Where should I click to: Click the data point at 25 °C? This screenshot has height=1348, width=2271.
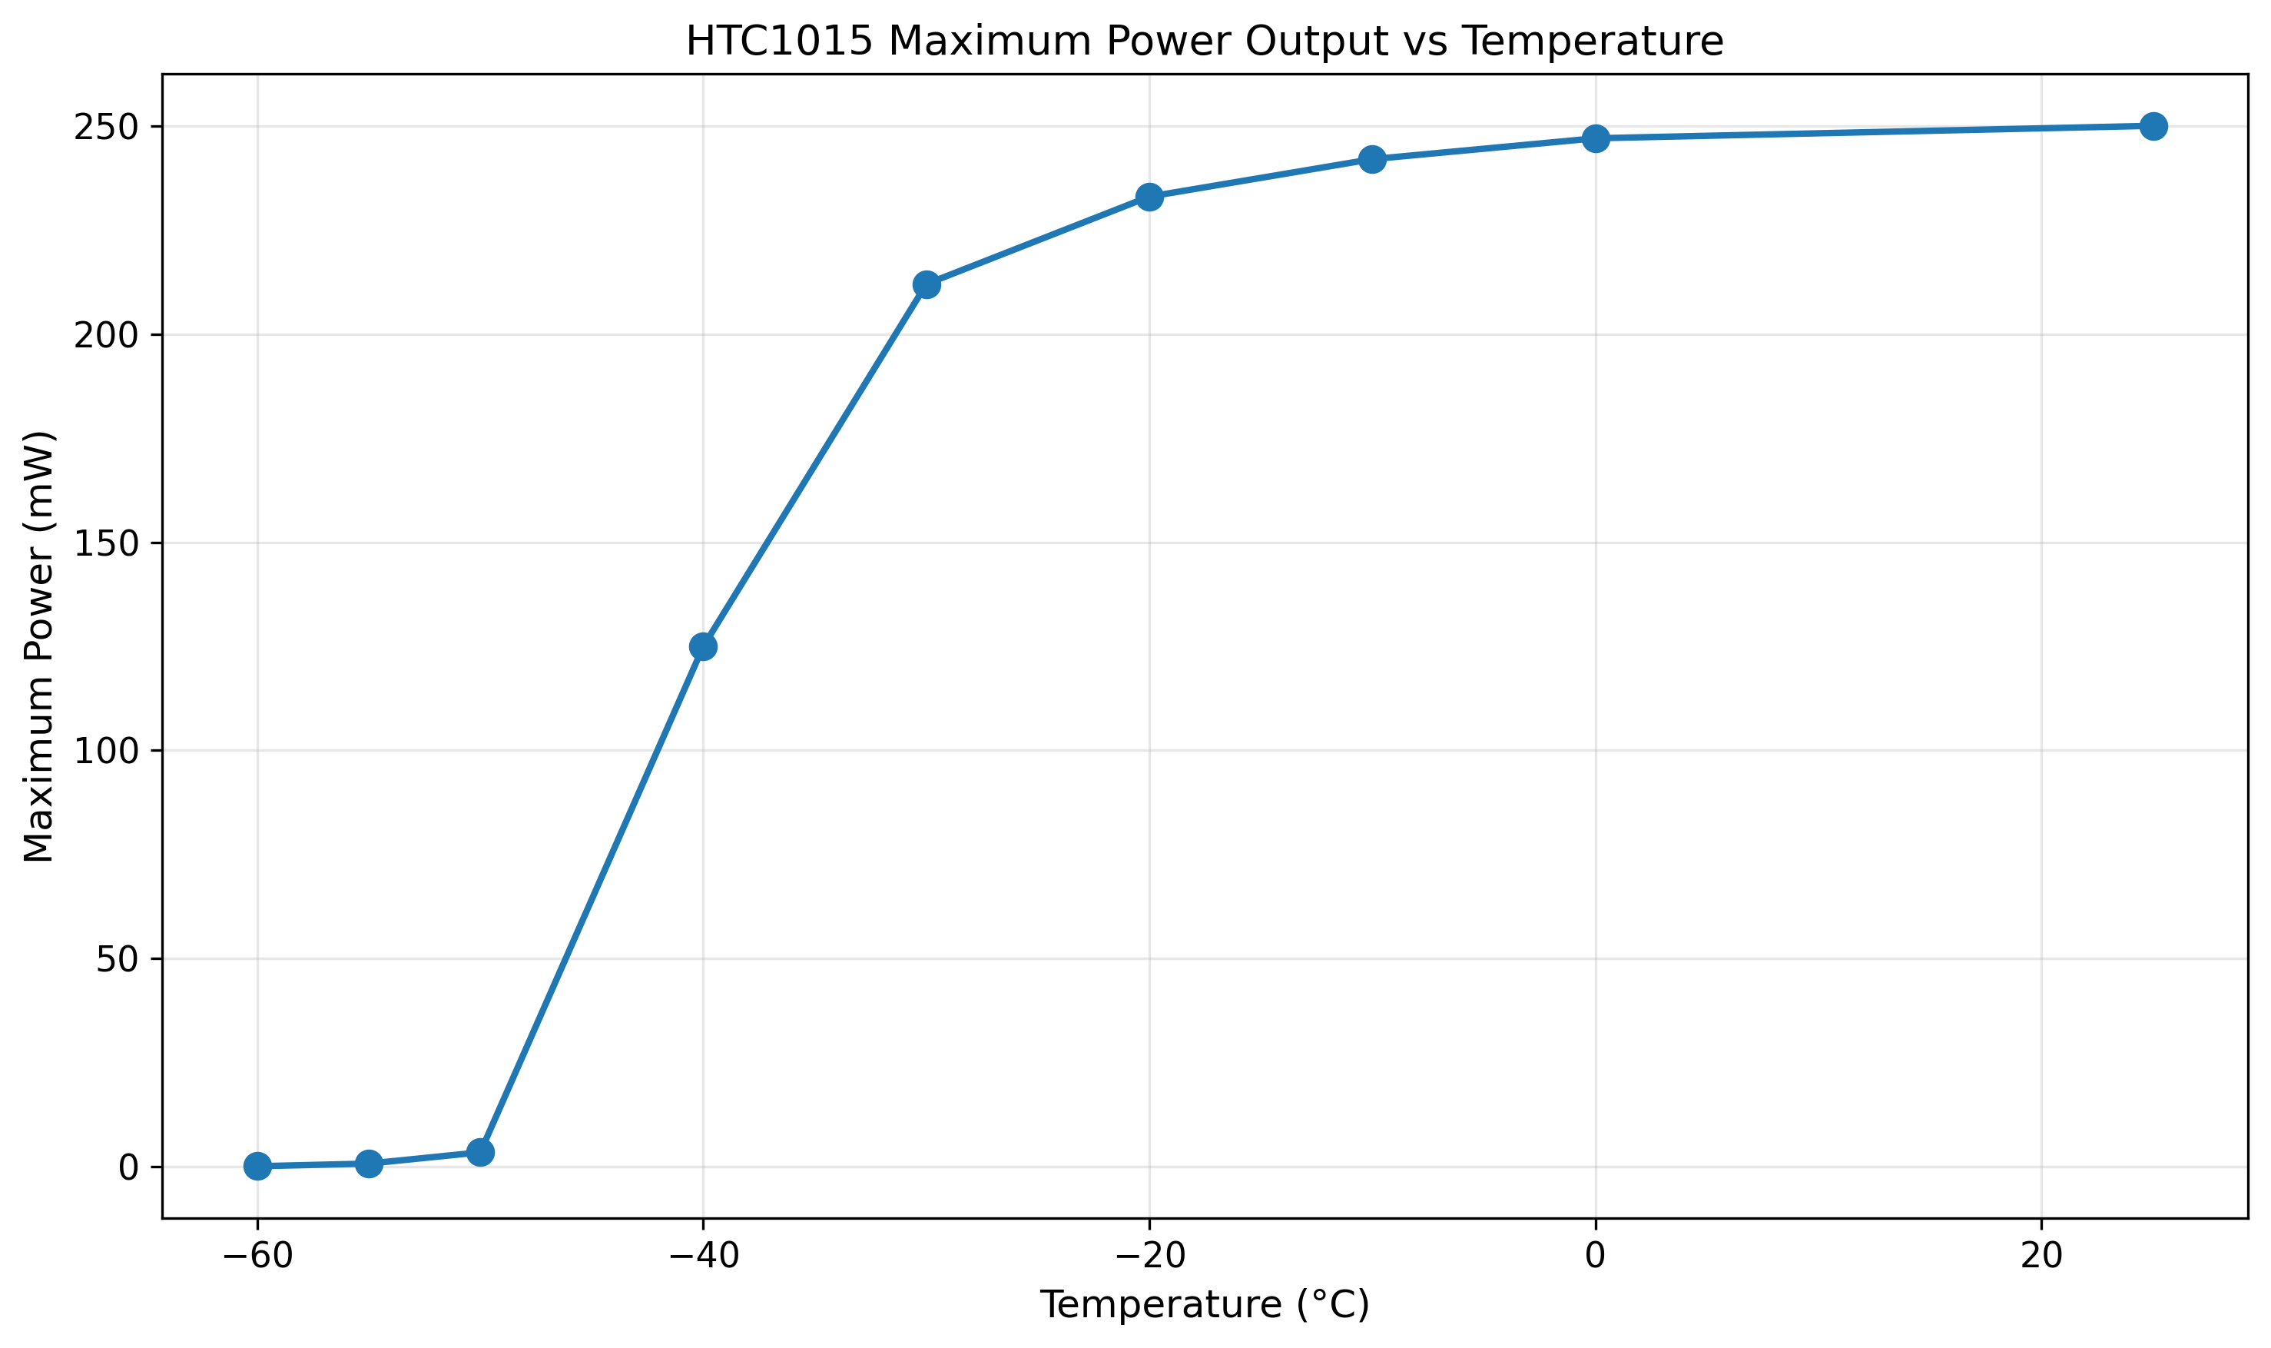click(x=2153, y=126)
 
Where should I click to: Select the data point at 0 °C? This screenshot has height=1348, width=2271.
click(x=1596, y=138)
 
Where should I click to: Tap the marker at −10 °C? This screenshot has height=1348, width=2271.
click(x=1372, y=159)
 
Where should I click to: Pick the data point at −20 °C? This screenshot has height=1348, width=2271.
click(x=1149, y=196)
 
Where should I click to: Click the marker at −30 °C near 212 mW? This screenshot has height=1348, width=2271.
click(x=927, y=284)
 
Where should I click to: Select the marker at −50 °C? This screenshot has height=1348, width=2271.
click(x=480, y=1152)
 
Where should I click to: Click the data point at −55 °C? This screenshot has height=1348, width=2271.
click(x=369, y=1164)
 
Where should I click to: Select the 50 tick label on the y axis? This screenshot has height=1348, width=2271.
click(x=116, y=960)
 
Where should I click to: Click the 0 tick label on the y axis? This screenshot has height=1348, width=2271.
click(x=128, y=1168)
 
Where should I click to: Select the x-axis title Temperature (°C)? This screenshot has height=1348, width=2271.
click(x=1204, y=1305)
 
